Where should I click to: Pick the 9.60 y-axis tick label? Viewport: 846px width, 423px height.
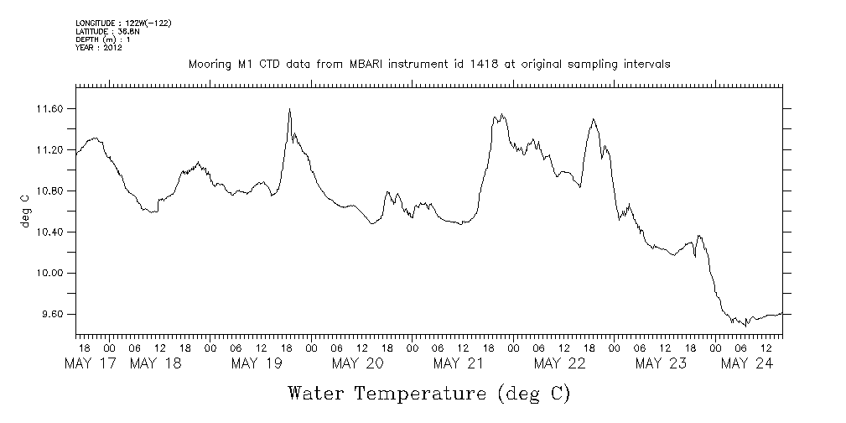(x=54, y=315)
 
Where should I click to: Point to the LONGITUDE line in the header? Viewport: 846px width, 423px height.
(x=123, y=23)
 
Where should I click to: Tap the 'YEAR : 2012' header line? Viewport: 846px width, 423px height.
(x=99, y=47)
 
